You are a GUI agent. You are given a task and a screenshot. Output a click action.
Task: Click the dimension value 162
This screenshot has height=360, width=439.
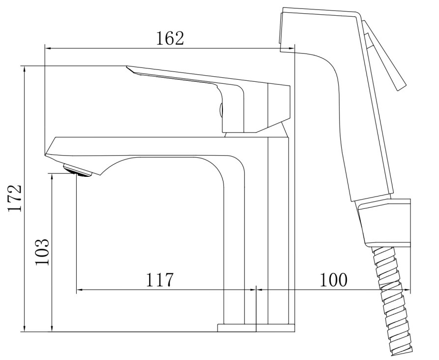pos(170,38)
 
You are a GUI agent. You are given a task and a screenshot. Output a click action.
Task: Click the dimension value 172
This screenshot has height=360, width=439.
pos(14,198)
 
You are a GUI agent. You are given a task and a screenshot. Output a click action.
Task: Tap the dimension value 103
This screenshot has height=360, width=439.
pos(43,252)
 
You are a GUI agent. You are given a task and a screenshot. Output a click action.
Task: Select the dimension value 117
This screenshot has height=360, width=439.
pos(159,280)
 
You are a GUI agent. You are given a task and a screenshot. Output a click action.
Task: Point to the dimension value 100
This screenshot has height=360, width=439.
pos(333,280)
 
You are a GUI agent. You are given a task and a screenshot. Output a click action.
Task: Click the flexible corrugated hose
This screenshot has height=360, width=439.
pos(394,300)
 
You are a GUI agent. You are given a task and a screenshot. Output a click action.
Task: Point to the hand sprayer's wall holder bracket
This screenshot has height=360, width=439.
pos(386,222)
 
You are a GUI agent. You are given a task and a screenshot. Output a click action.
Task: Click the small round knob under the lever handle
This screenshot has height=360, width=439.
pos(220,109)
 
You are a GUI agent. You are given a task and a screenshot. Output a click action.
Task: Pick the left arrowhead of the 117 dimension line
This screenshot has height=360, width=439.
pos(79,290)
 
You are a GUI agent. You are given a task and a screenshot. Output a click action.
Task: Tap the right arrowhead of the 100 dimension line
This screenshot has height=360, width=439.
pos(408,290)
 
